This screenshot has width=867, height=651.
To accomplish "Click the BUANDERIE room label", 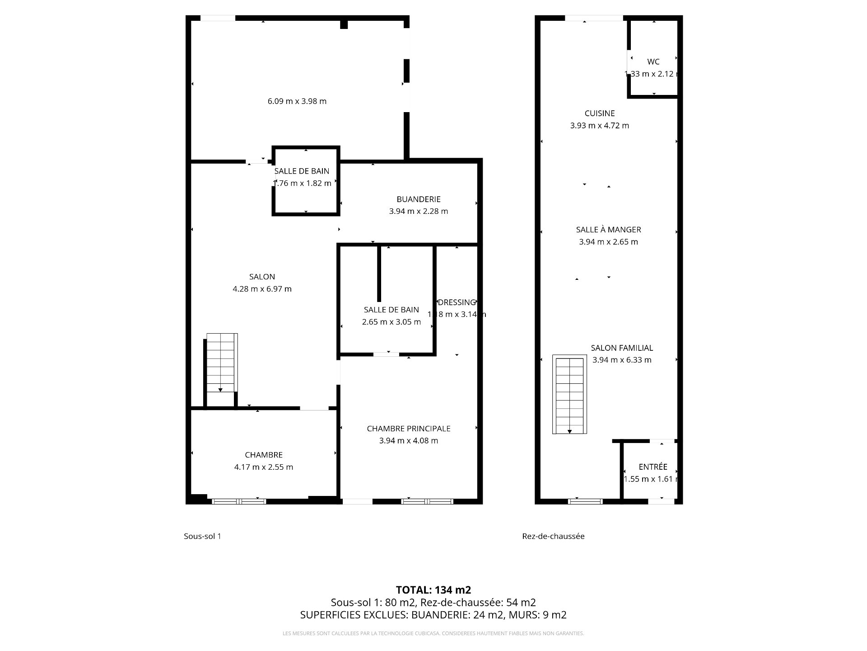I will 418,199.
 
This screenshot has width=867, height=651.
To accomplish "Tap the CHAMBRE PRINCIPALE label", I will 408,429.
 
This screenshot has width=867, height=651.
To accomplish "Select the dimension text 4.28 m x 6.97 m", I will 262,289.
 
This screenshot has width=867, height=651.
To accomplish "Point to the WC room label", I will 653,62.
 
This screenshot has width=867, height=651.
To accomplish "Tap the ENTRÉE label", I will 653,467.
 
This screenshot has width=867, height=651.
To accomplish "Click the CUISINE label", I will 599,113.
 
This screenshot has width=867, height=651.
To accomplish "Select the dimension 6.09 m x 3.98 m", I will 297,101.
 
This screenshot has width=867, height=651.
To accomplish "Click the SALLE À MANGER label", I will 608,230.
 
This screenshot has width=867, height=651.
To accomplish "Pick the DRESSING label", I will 457,302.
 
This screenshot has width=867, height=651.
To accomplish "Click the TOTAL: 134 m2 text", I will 433,590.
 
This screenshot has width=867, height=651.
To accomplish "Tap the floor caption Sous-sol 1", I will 202,536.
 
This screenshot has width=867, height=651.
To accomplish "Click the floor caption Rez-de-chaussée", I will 553,536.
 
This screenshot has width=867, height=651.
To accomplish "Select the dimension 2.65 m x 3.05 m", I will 391,322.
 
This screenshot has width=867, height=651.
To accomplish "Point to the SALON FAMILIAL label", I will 622,348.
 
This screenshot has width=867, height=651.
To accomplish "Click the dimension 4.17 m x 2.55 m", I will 263,467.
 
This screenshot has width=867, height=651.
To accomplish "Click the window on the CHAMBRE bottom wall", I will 239,501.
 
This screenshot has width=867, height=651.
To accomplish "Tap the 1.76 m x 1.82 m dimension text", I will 303,183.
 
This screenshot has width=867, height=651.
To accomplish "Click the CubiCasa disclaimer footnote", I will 433,633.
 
